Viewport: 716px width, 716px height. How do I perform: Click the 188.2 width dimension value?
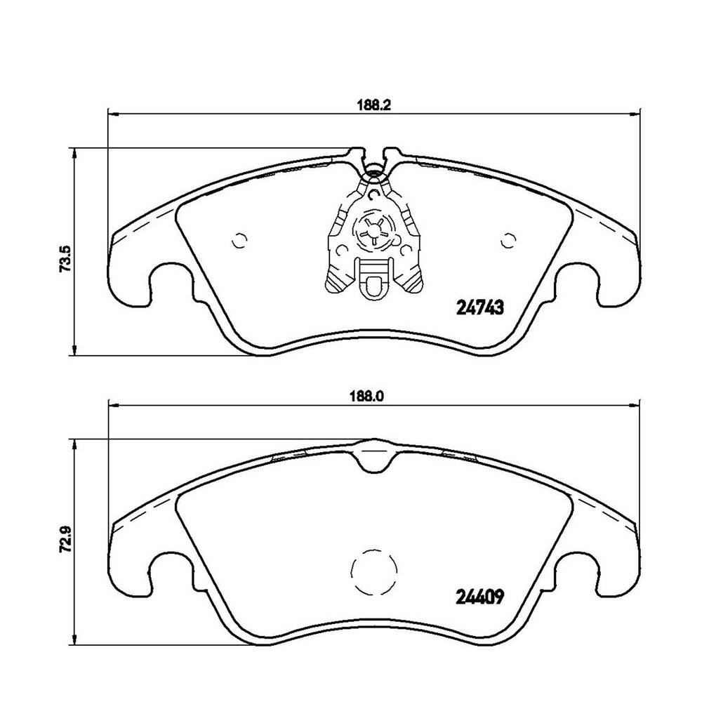click(x=374, y=105)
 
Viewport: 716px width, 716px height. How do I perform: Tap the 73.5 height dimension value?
click(x=65, y=258)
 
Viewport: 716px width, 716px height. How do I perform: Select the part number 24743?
click(x=480, y=308)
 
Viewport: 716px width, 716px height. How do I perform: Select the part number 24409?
click(x=480, y=596)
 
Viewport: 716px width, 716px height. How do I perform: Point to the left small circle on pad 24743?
click(x=239, y=240)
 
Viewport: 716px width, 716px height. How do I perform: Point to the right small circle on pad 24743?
click(x=508, y=240)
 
